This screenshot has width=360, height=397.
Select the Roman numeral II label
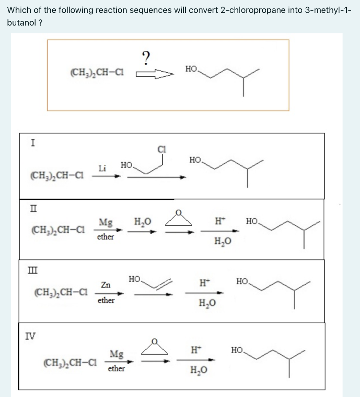click(33, 210)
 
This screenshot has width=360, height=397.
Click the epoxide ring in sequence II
click(179, 218)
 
